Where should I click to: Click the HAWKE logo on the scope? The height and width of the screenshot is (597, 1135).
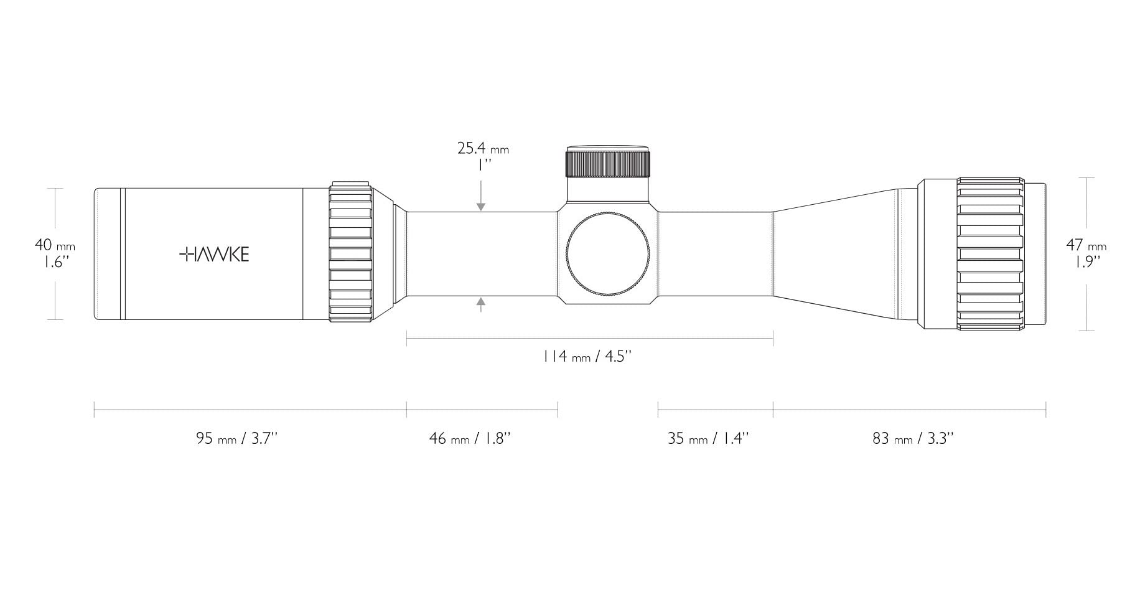pyautogui.click(x=214, y=254)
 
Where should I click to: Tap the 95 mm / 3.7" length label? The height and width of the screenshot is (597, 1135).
pyautogui.click(x=236, y=438)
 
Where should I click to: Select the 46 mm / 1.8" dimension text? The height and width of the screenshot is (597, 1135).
pyautogui.click(x=470, y=438)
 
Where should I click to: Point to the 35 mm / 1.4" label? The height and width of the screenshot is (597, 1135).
pyautogui.click(x=708, y=438)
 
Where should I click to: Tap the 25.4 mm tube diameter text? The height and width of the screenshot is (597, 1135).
pyautogui.click(x=483, y=148)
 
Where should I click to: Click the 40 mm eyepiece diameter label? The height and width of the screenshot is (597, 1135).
pyautogui.click(x=55, y=245)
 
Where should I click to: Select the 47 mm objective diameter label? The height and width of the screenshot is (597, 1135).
pyautogui.click(x=1086, y=245)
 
